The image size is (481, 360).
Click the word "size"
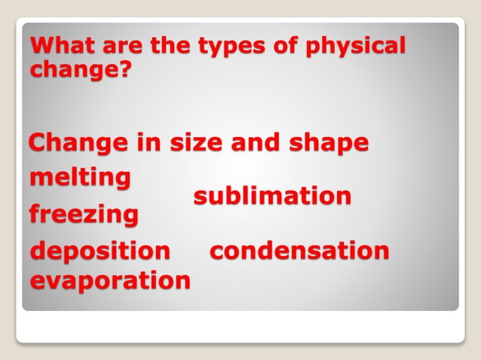coord(207,142)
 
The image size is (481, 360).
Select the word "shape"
coord(332,143)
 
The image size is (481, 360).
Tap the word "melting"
coord(80,179)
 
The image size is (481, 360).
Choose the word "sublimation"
coord(272,197)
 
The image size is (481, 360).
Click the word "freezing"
coord(84,215)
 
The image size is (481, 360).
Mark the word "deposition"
coord(100,251)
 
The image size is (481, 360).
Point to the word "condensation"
coord(299,251)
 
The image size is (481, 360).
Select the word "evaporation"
coord(110,281)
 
